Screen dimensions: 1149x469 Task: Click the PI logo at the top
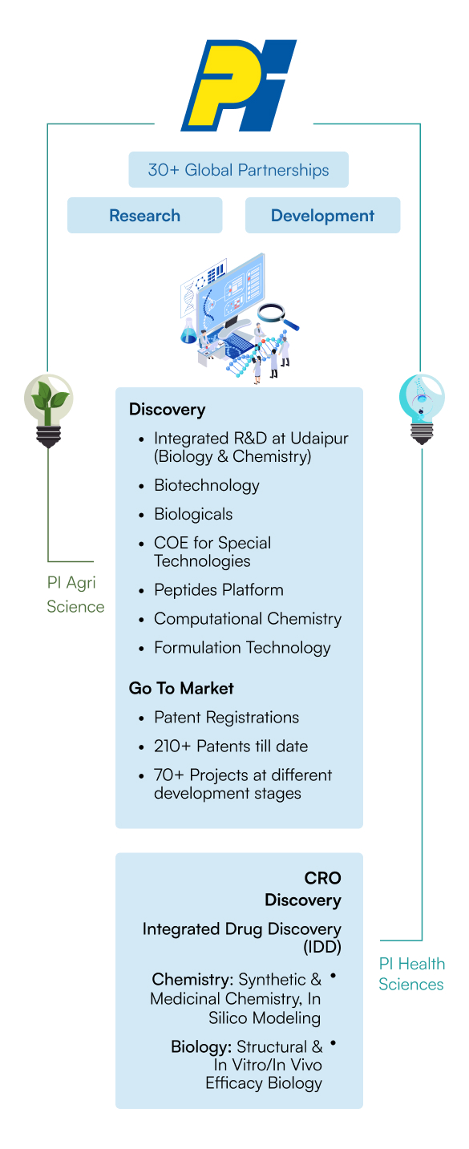tap(238, 86)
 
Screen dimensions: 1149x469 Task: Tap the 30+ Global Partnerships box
tap(238, 170)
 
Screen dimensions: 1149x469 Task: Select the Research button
tap(144, 216)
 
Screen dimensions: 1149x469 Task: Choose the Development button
tap(322, 216)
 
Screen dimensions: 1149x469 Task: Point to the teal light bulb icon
tap(421, 407)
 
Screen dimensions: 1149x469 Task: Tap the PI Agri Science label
tap(75, 595)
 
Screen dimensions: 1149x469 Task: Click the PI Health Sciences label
tap(411, 973)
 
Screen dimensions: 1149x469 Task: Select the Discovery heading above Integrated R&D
tap(167, 409)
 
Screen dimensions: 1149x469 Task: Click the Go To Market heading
tap(181, 688)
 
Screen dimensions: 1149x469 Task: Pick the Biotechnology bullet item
tap(207, 485)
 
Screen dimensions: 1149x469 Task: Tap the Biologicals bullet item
tap(193, 514)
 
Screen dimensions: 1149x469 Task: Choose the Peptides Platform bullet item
tap(219, 590)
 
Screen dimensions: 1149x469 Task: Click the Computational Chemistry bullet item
tap(248, 619)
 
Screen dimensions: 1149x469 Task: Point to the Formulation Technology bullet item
tap(242, 648)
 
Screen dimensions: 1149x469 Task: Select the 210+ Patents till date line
tap(231, 746)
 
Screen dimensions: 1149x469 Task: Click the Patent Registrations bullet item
tap(226, 717)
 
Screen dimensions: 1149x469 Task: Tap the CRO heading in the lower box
tap(322, 878)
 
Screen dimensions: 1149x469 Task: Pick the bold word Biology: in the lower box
tap(201, 1046)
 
